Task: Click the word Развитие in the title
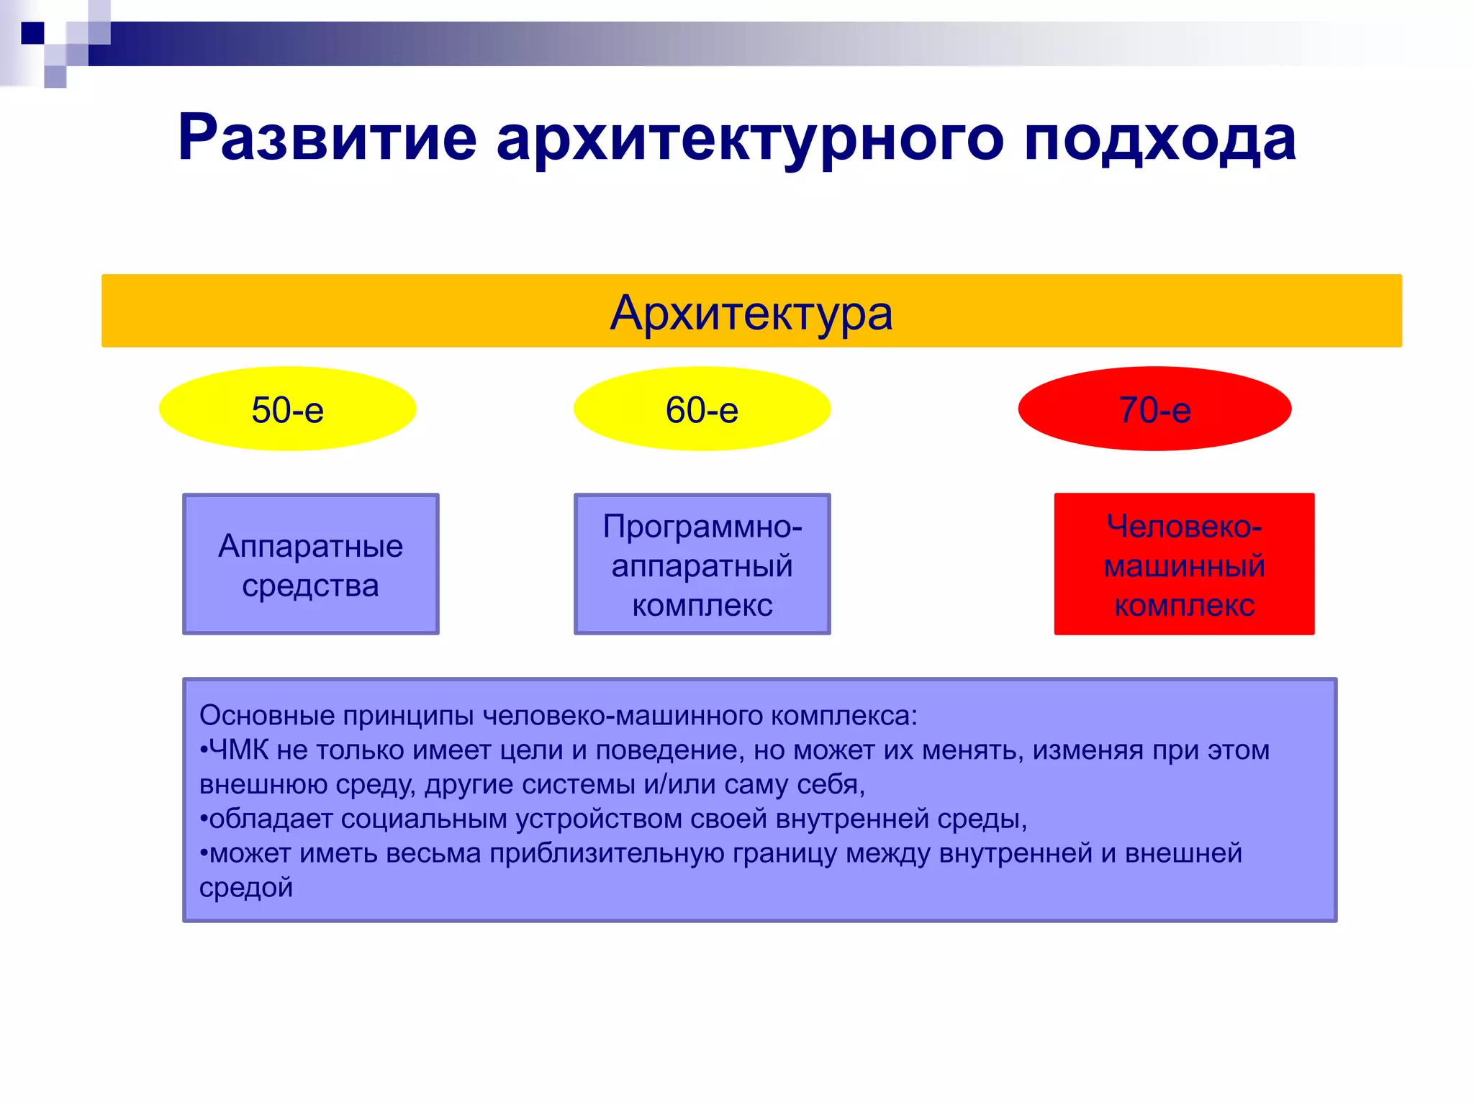click(x=327, y=138)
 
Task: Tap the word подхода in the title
click(x=1159, y=138)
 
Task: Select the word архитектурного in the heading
click(x=749, y=138)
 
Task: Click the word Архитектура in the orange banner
click(x=751, y=314)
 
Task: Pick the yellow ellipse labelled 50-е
click(x=287, y=409)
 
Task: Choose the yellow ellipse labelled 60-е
click(x=702, y=409)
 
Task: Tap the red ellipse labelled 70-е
click(x=1154, y=409)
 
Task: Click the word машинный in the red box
click(x=1184, y=566)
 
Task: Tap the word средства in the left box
click(x=310, y=586)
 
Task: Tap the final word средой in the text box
click(x=246, y=888)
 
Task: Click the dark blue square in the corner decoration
click(x=32, y=33)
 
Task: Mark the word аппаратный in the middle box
click(x=702, y=566)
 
